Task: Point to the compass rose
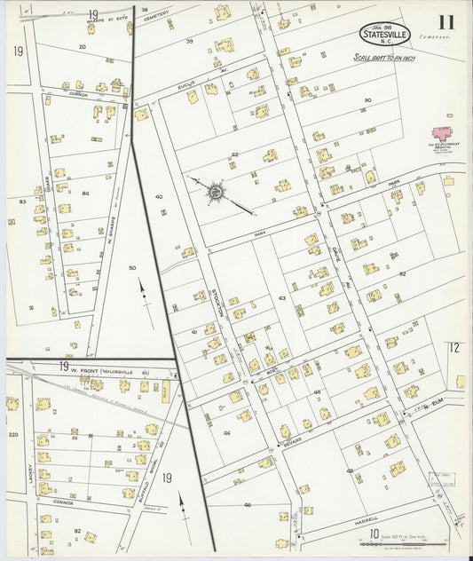coord(216,191)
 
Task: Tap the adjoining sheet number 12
coord(454,347)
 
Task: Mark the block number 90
coord(367,99)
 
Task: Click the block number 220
coord(12,435)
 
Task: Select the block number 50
coord(132,267)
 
